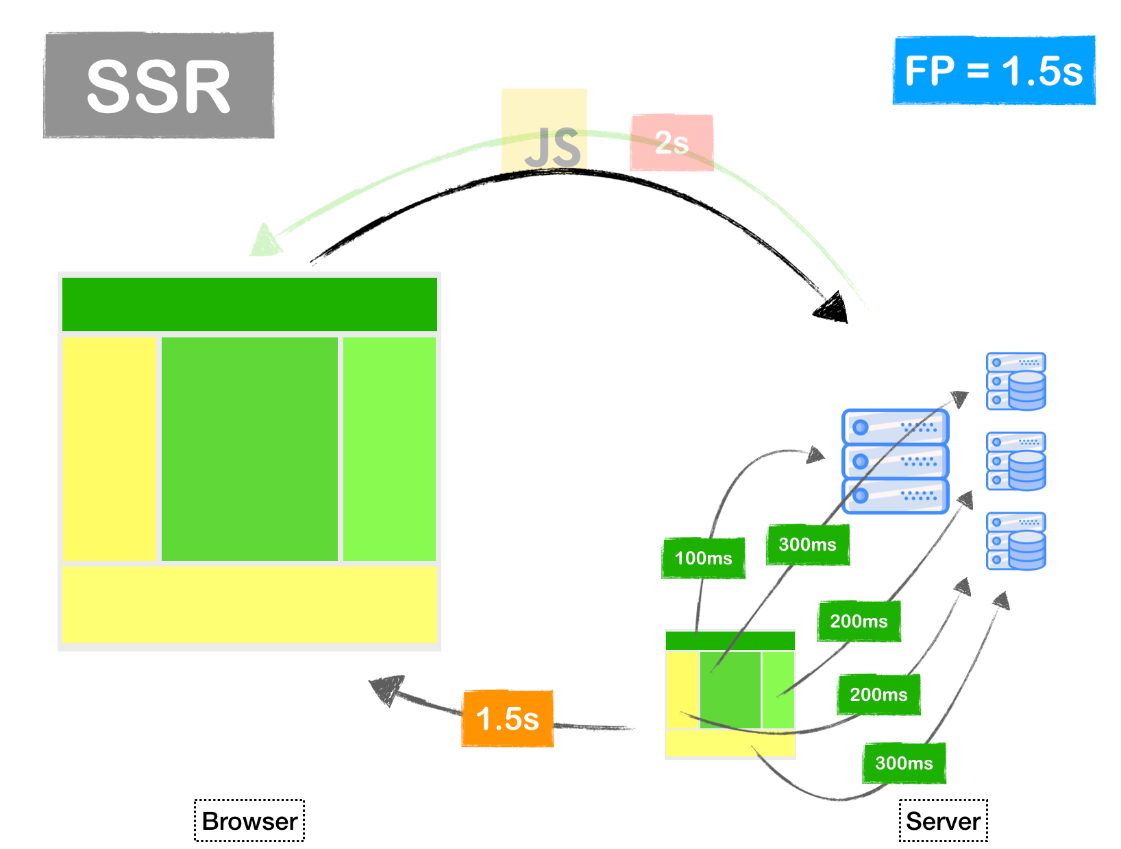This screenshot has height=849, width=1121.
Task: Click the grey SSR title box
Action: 159,85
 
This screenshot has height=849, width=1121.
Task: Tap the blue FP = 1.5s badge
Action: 994,71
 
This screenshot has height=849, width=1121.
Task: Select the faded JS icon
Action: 545,132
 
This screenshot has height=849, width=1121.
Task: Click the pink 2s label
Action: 672,143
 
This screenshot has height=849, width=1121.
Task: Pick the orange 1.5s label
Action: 507,719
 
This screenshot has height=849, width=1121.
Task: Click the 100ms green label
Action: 703,558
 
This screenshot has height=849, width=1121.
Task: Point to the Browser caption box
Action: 249,821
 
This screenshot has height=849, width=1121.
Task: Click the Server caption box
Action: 943,821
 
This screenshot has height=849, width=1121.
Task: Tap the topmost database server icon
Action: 1016,381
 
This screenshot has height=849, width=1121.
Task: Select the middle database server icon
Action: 1016,461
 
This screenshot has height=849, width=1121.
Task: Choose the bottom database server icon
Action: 1016,541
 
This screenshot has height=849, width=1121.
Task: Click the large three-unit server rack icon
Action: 895,461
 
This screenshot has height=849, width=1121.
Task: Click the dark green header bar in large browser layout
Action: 249,304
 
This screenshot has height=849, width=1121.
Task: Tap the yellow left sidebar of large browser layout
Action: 110,449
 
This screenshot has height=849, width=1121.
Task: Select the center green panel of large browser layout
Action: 249,449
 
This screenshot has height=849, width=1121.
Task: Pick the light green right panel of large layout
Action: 389,449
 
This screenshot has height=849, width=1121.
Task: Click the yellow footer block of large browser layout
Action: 249,604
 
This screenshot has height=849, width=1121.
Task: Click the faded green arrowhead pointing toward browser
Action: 264,241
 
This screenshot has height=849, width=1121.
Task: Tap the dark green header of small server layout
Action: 730,641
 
